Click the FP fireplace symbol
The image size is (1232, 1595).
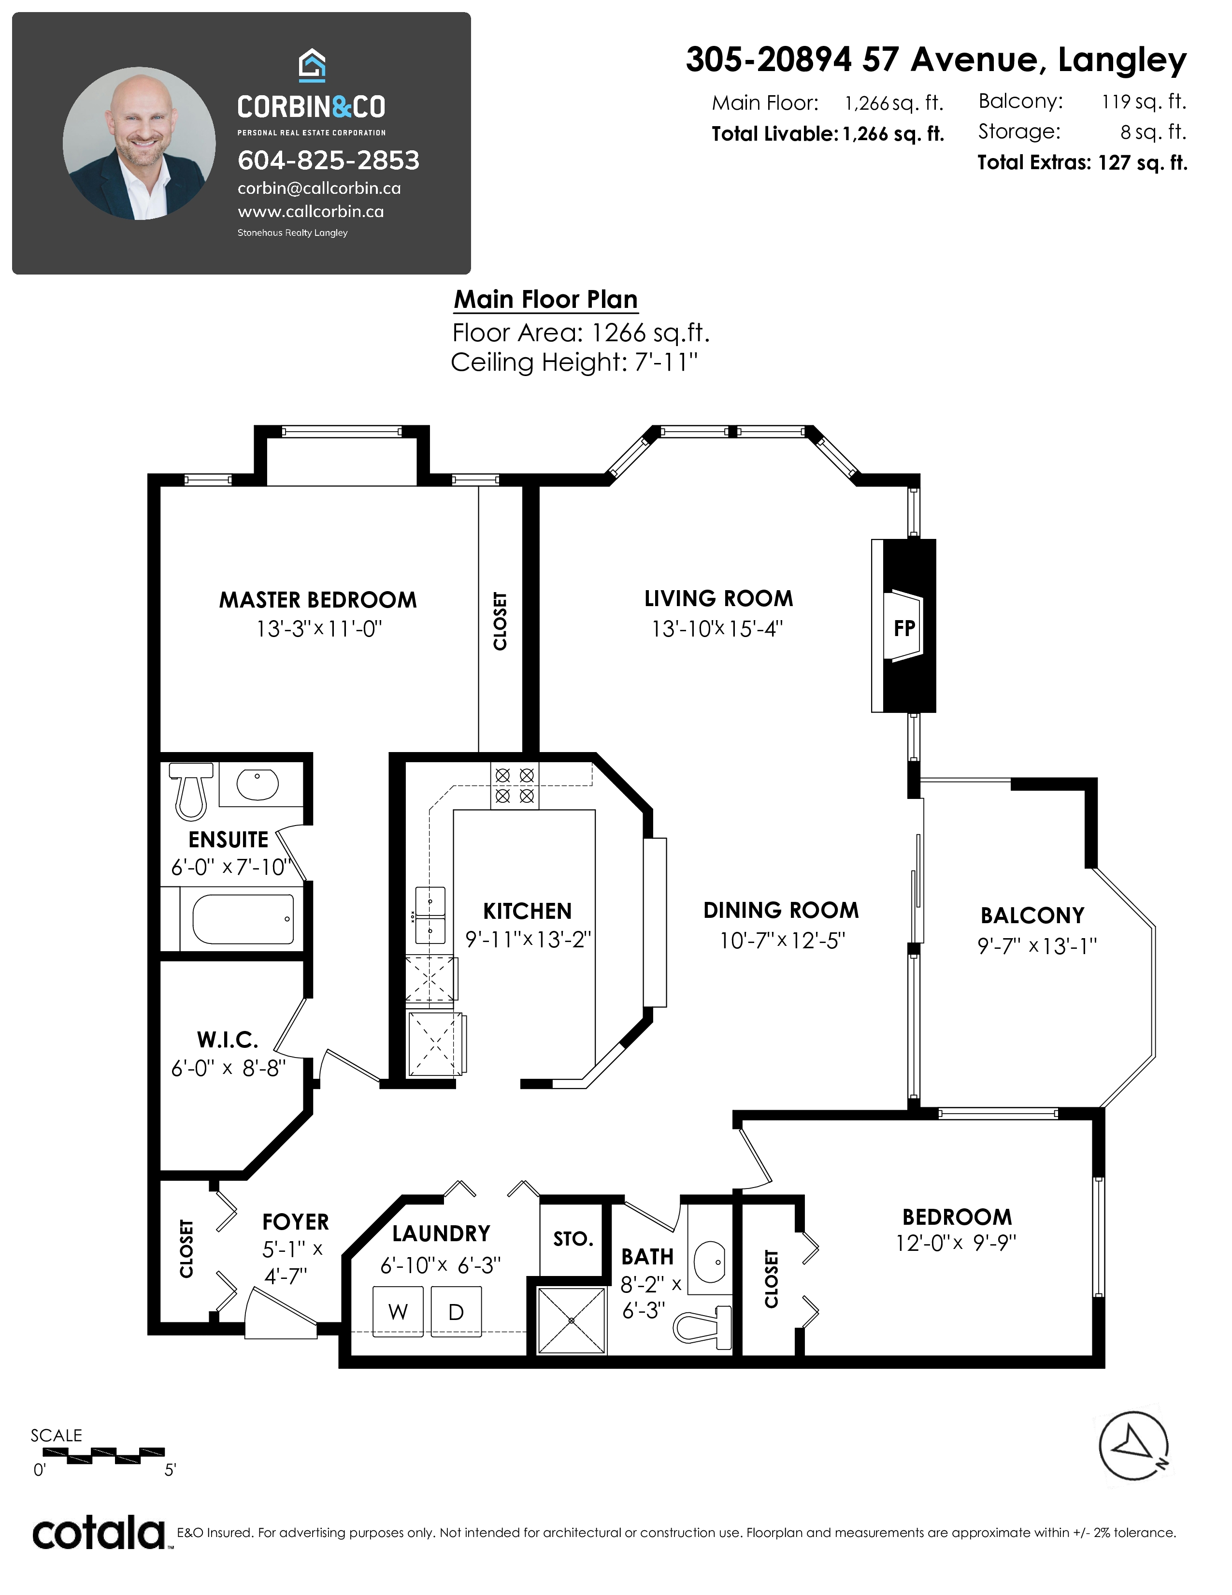coord(903,626)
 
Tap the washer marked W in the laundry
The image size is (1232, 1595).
coord(398,1312)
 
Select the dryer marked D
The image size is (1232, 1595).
coord(456,1312)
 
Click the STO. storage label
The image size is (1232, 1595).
coord(573,1239)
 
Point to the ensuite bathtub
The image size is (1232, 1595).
coord(243,919)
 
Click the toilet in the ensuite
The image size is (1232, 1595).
coord(191,790)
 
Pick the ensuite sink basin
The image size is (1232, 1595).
coord(258,784)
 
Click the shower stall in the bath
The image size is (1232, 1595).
coord(572,1320)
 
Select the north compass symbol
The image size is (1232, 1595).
coord(1133,1446)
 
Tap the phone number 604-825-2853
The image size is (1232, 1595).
coord(329,160)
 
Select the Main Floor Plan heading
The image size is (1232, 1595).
coord(546,300)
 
